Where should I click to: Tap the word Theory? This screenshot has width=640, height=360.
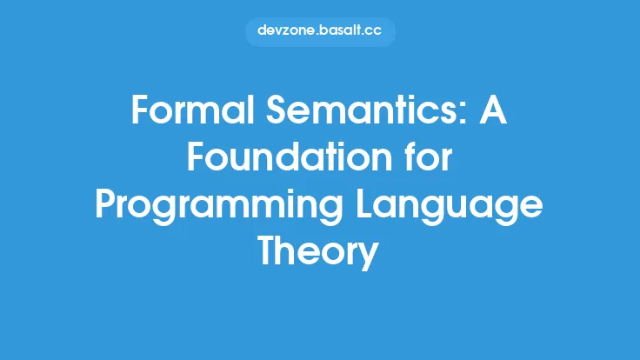coord(319,254)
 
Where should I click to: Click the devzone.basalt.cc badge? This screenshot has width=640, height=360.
coord(320,30)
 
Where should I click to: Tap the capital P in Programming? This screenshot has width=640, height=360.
coord(107,207)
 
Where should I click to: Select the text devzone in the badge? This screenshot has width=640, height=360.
coord(284,30)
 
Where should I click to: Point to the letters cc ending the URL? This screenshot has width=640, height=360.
coord(374,30)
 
